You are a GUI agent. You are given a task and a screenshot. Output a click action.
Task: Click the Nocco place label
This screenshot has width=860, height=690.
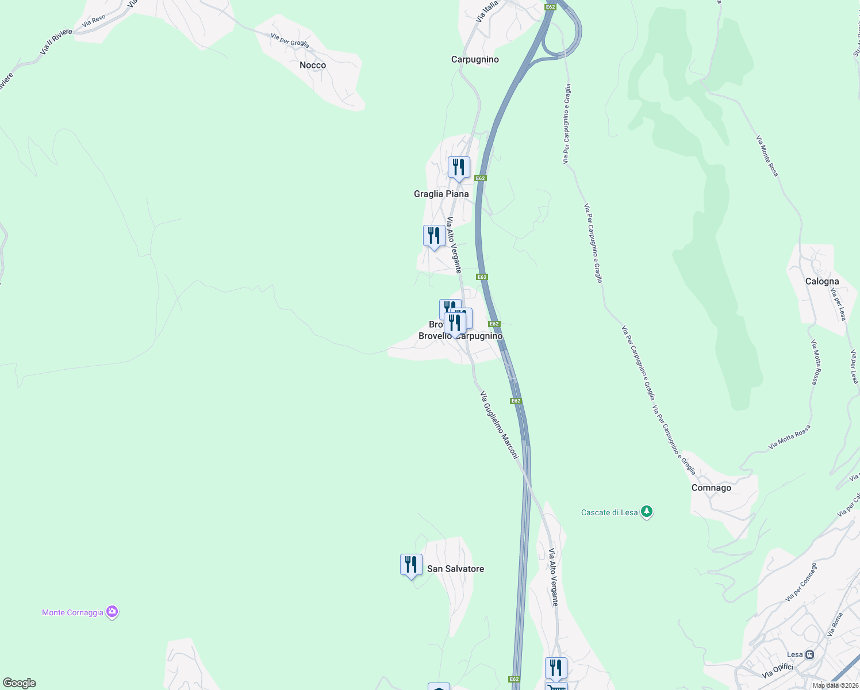[313, 66]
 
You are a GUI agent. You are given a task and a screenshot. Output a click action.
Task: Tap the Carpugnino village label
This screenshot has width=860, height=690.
[475, 60]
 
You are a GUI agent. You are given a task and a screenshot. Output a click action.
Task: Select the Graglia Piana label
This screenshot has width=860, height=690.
[441, 194]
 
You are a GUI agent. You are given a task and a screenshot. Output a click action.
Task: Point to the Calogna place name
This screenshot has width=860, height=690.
[821, 282]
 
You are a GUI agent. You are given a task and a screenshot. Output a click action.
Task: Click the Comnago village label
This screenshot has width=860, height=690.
[711, 488]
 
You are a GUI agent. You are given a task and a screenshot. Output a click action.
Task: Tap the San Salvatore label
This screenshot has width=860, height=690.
[455, 569]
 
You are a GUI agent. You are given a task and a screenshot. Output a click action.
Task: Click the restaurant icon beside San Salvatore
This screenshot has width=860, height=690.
[411, 565]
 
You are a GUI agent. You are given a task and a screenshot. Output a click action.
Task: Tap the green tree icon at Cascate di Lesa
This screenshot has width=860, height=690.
[647, 512]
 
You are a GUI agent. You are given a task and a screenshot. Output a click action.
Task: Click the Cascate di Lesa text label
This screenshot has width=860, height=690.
[609, 513]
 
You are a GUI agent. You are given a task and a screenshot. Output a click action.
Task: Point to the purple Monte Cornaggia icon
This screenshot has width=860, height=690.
[113, 612]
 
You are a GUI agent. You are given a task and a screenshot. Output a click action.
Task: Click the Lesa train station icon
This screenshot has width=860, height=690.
[810, 654]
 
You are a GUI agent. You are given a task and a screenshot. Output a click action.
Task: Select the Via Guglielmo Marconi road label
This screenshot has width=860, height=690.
[499, 425]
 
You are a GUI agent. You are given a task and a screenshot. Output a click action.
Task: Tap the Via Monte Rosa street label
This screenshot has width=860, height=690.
[767, 156]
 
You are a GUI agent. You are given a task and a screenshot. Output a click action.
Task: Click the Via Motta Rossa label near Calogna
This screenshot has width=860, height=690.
[814, 362]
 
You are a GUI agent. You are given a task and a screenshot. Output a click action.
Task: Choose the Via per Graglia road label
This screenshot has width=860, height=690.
[290, 40]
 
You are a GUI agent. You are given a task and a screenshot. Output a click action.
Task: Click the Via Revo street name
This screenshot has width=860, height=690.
[94, 21]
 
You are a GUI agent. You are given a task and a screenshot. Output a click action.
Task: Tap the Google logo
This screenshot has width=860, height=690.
[19, 683]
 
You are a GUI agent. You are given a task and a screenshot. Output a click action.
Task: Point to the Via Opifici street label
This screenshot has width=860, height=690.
[777, 670]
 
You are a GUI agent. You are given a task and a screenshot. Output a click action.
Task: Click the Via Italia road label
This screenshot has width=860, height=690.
[487, 11]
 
